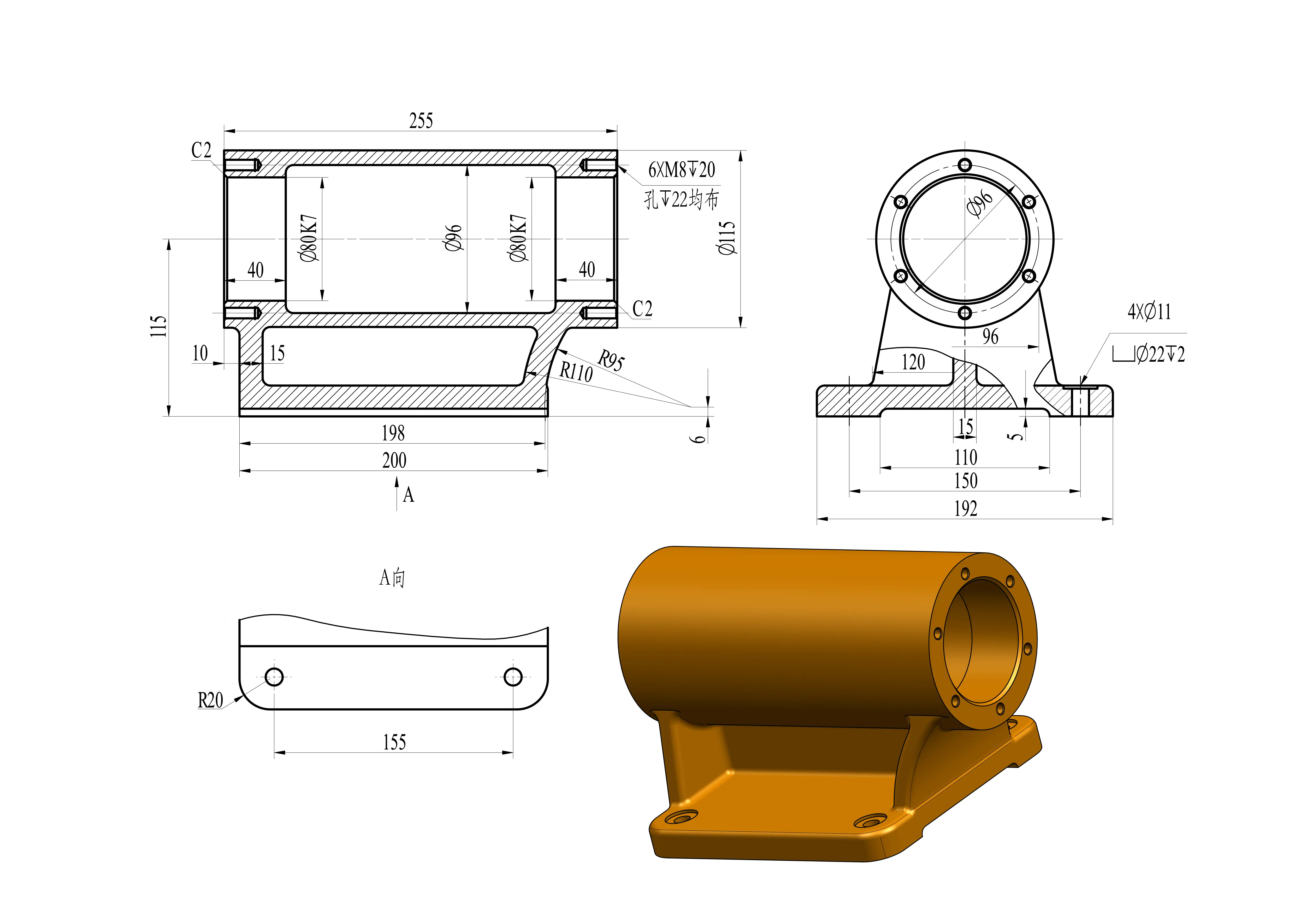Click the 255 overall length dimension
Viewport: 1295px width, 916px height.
click(421, 121)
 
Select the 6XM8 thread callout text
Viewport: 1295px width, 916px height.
click(681, 169)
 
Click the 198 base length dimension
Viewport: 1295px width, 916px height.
click(393, 433)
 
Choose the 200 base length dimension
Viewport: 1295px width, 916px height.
click(394, 460)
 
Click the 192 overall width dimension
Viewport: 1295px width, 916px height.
click(966, 509)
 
